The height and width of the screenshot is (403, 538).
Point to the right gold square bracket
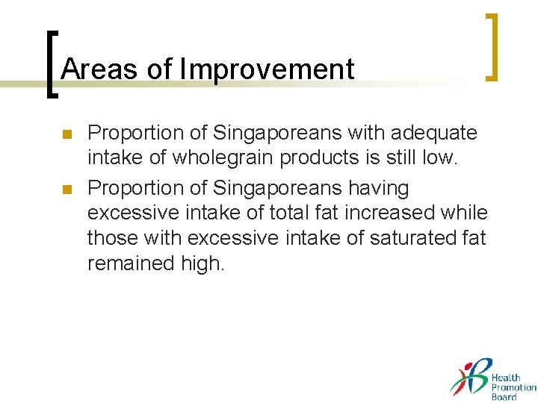click(491, 46)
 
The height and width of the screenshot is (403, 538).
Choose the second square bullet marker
click(65, 190)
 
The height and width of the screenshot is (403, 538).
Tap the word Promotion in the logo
click(513, 387)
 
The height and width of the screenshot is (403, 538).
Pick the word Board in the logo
click(504, 396)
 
